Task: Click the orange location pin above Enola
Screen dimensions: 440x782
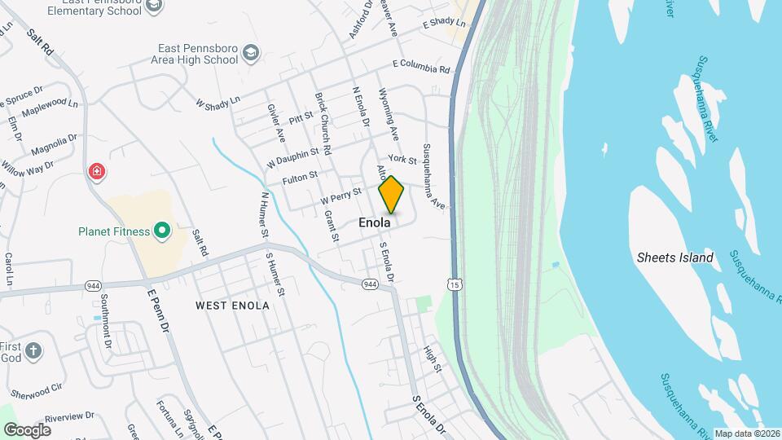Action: (391, 195)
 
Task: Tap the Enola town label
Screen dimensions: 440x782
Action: (375, 222)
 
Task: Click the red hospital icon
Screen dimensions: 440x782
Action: (97, 171)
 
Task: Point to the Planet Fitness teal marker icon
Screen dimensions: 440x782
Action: (161, 231)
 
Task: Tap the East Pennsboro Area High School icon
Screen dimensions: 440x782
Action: (252, 54)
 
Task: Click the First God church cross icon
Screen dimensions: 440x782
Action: (33, 351)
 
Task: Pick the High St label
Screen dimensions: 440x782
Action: (433, 359)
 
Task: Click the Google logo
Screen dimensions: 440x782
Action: (27, 430)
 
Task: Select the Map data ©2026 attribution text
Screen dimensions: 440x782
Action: (746, 433)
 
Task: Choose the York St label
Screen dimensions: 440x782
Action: (402, 159)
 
